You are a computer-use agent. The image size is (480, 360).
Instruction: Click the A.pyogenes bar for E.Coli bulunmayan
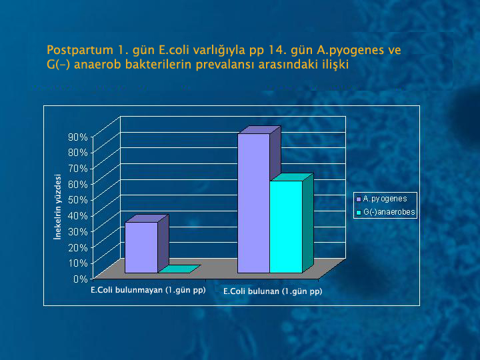pyautogui.click(x=141, y=247)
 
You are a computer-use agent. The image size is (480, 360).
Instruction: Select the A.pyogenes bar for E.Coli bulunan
pyautogui.click(x=254, y=203)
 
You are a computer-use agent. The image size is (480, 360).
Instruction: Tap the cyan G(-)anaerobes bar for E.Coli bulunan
pyautogui.click(x=286, y=227)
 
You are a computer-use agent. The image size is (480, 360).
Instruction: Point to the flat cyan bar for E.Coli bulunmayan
pyautogui.click(x=179, y=269)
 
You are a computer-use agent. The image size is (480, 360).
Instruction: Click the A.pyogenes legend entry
pyautogui.click(x=382, y=199)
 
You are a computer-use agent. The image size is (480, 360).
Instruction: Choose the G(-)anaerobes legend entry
pyautogui.click(x=386, y=212)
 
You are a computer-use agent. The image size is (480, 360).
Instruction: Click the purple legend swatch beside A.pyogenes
pyautogui.click(x=359, y=199)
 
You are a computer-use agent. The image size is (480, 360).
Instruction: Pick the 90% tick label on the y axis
pyautogui.click(x=78, y=137)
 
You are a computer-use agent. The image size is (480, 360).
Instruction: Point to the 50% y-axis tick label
pyautogui.click(x=78, y=200)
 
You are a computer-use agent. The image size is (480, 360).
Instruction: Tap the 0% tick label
pyautogui.click(x=81, y=279)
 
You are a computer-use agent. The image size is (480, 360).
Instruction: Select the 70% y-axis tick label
pyautogui.click(x=78, y=169)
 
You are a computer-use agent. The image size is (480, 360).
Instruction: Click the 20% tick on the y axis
pyautogui.click(x=78, y=247)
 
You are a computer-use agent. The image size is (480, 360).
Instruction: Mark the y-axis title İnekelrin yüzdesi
pyautogui.click(x=57, y=207)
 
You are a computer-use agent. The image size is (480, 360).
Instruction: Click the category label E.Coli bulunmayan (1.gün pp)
pyautogui.click(x=148, y=290)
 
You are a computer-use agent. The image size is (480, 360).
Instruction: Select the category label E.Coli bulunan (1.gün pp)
pyautogui.click(x=273, y=291)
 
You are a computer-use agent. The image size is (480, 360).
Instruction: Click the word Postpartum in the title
pyautogui.click(x=80, y=50)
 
